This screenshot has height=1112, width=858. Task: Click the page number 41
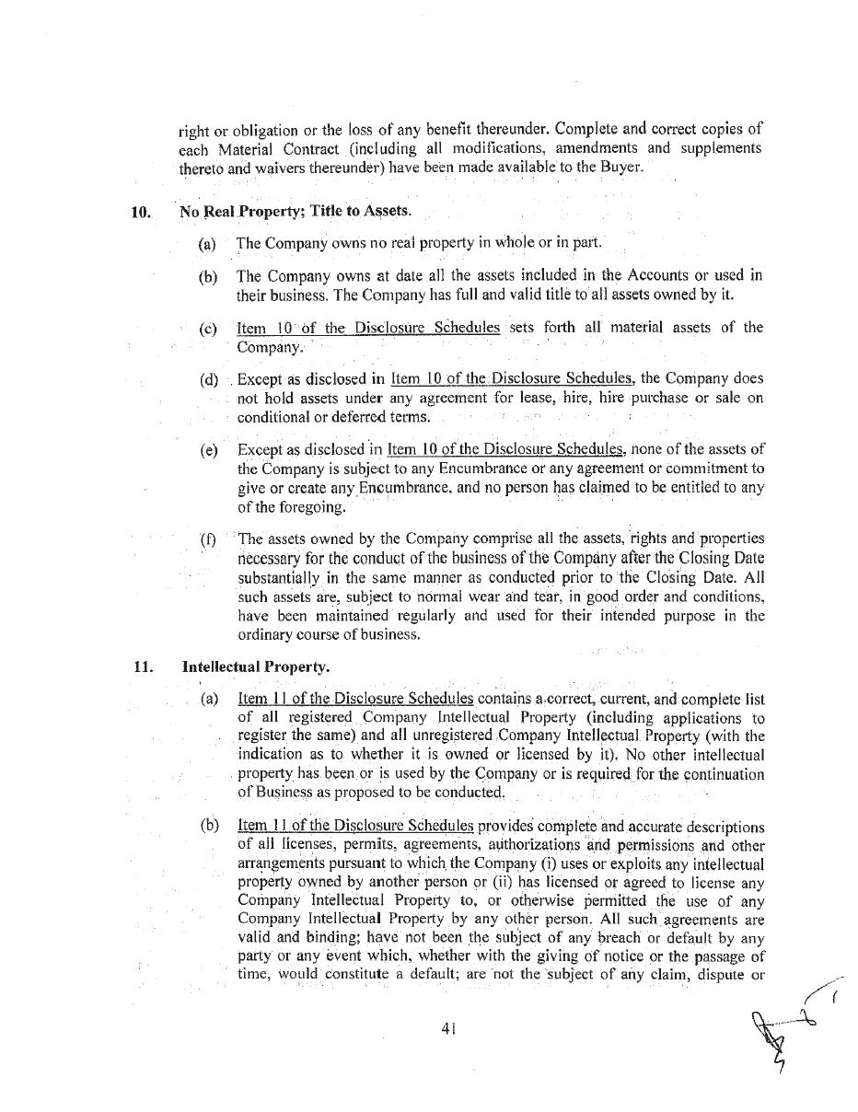449,1029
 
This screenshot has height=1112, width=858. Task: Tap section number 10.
141,212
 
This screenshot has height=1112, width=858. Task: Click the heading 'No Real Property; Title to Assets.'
296,212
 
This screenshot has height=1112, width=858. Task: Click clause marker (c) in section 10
208,329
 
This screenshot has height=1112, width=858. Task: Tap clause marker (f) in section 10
208,539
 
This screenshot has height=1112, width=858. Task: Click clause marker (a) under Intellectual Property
209,699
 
